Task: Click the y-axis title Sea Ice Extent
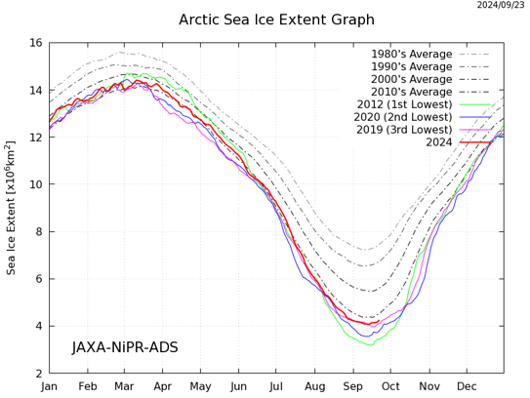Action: tap(12, 208)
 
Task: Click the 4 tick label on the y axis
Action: tap(37, 326)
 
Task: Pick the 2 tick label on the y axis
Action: tap(37, 373)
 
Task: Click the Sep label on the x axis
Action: tap(353, 386)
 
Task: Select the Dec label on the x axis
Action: tap(467, 386)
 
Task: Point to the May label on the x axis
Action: tap(200, 386)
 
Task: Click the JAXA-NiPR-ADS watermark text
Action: tap(125, 347)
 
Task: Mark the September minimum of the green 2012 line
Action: tap(369, 344)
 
